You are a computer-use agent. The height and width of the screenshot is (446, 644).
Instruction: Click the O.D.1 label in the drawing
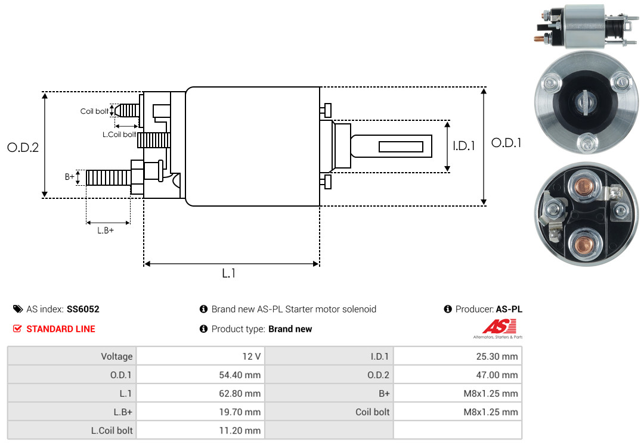coord(506,143)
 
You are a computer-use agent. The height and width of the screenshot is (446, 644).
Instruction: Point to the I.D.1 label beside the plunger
coord(463,145)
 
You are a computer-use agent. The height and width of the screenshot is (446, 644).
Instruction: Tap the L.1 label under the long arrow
coord(229,273)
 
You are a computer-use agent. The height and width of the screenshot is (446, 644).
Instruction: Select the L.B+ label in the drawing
coord(106,230)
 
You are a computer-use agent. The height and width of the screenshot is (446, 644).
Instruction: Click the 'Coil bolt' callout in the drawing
coord(94,111)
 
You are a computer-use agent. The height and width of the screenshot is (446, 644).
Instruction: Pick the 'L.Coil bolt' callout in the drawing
coord(120,135)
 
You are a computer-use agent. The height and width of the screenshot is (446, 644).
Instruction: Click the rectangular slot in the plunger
coord(401,146)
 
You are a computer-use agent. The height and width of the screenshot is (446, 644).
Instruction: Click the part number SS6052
coord(83,309)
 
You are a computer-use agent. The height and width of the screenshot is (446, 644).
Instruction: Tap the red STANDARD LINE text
coord(60,329)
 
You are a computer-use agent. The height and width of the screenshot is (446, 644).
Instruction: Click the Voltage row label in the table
coord(116,357)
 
